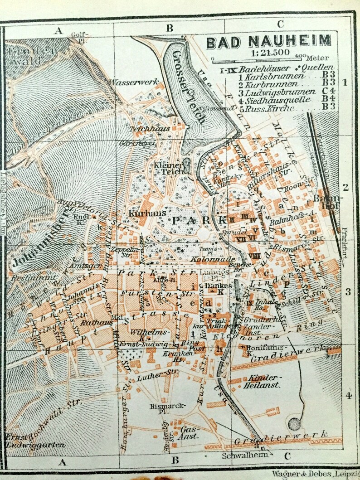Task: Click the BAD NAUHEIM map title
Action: click(268, 42)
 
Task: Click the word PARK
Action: click(198, 221)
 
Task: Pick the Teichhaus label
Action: click(143, 129)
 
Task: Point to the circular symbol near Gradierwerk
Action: click(294, 424)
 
